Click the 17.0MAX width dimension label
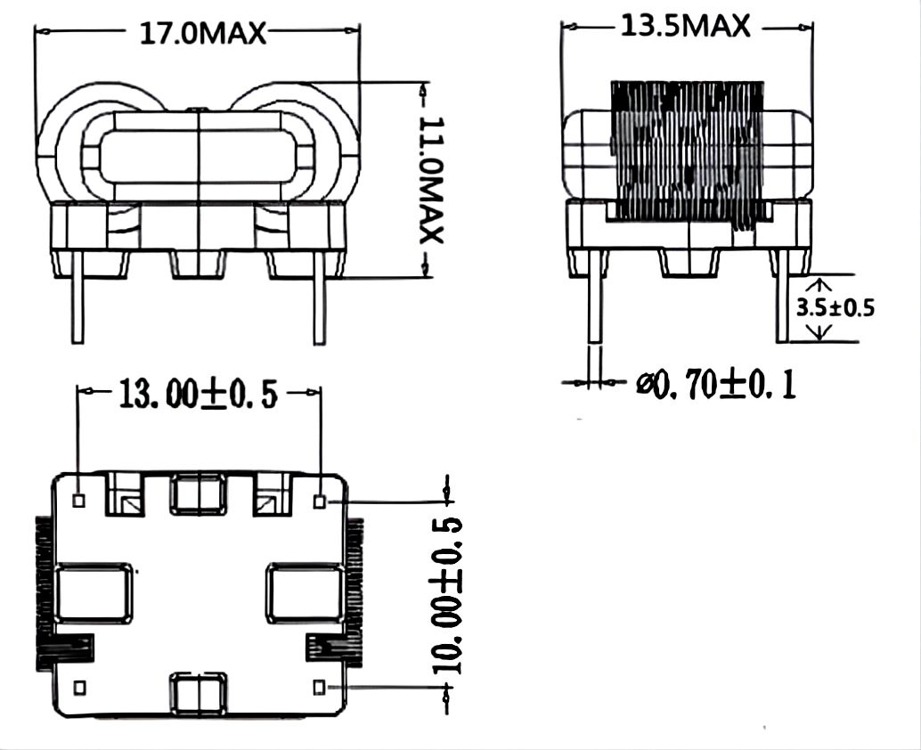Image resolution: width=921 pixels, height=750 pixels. coord(203,33)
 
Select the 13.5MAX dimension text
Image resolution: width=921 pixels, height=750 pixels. coord(685,27)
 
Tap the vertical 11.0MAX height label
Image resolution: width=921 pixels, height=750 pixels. coord(431,178)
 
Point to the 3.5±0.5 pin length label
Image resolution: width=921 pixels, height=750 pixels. coord(835,308)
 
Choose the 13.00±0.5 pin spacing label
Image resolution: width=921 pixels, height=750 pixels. coord(199,394)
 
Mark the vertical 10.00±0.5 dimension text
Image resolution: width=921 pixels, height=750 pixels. coord(447,597)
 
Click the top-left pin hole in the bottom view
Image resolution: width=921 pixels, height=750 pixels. coord(78,501)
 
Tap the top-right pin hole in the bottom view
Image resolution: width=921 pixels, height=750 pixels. coord(320,501)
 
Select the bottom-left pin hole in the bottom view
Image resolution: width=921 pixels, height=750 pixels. coord(78,687)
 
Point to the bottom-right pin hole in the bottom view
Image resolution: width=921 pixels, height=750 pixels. coord(320,687)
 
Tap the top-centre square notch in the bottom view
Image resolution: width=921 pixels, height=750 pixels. coord(198,494)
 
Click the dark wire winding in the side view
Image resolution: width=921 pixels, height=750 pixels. coord(686,151)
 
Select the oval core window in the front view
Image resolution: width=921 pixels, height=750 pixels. coord(198,157)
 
